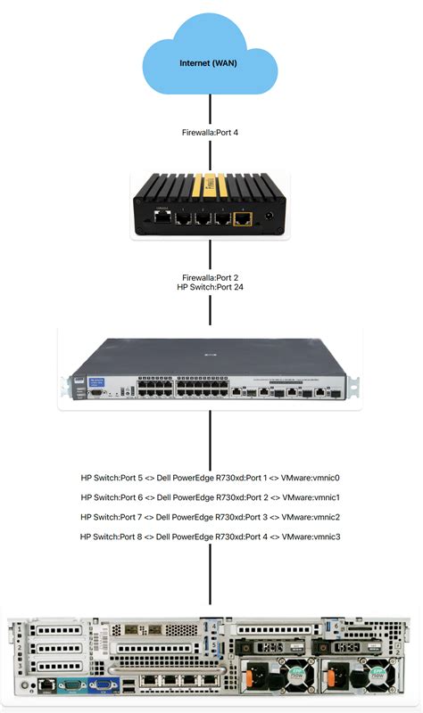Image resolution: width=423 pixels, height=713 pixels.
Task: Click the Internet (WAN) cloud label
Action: tap(210, 63)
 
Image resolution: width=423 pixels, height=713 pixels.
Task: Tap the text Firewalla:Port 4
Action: tap(210, 132)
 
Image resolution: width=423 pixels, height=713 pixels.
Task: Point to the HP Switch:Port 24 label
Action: tap(210, 288)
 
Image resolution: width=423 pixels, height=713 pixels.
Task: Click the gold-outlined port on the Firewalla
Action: tap(241, 217)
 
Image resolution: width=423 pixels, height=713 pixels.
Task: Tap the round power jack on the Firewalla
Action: tap(269, 217)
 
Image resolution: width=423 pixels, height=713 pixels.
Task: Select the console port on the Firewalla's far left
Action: tap(161, 216)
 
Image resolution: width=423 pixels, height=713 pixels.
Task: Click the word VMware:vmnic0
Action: tap(311, 477)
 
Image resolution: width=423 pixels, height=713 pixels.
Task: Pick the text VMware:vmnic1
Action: tap(311, 496)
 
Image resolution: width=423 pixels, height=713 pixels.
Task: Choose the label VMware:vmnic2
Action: tap(311, 516)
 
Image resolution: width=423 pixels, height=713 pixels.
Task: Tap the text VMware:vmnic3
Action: tap(311, 537)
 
